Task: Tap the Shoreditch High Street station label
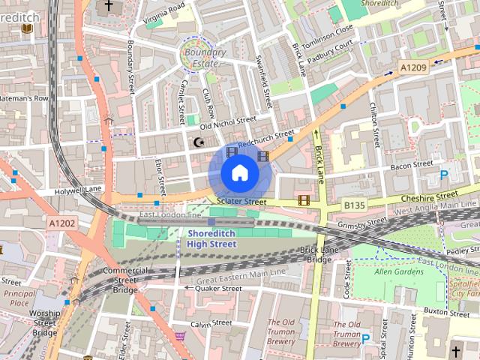pyautogui.click(x=211, y=238)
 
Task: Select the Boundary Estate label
pyautogui.click(x=205, y=58)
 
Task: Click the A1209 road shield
pyautogui.click(x=413, y=68)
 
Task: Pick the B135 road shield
pyautogui.click(x=355, y=204)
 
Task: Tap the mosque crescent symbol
pyautogui.click(x=199, y=142)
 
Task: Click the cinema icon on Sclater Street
pyautogui.click(x=304, y=200)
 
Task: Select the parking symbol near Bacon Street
pyautogui.click(x=444, y=175)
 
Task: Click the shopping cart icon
pyautogui.click(x=180, y=337)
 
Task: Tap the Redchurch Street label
pyautogui.click(x=266, y=139)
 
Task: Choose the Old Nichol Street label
pyautogui.click(x=227, y=122)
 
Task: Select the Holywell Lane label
pyautogui.click(x=77, y=191)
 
